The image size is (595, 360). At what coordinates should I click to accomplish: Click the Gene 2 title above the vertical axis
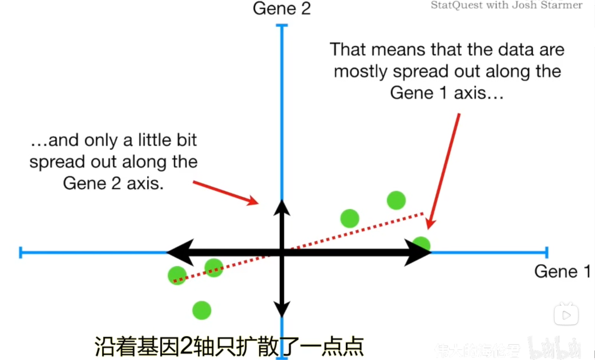click(x=282, y=8)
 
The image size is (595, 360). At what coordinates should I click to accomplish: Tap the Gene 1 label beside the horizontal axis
click(x=562, y=271)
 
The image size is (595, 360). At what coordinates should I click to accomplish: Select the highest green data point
click(x=396, y=200)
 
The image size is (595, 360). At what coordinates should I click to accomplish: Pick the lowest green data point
click(x=202, y=310)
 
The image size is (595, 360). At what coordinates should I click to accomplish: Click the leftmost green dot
click(x=177, y=275)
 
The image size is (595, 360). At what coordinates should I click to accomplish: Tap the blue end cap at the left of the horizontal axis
click(x=21, y=252)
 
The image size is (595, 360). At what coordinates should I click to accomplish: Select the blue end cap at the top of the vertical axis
click(x=282, y=25)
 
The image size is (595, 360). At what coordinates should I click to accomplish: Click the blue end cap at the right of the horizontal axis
click(x=547, y=252)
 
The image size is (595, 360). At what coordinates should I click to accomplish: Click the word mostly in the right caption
click(x=360, y=71)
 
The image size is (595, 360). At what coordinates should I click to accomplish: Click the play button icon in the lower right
click(x=566, y=315)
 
